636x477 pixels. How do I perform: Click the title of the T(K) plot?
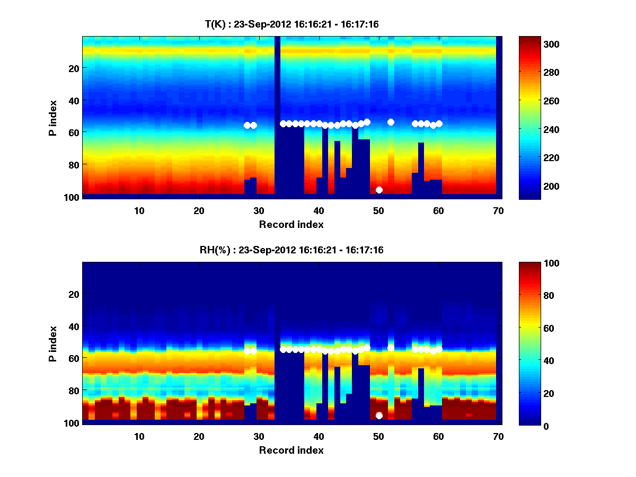291,24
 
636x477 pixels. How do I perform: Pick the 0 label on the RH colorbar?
527,426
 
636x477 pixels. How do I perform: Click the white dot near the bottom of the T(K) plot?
379,190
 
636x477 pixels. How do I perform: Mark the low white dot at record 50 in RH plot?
379,416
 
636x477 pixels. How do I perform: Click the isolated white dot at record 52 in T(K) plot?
391,122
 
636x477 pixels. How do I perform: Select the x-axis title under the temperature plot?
291,224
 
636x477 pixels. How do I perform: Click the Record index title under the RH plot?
291,450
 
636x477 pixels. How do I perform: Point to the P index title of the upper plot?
53,118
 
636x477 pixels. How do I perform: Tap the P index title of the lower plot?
53,343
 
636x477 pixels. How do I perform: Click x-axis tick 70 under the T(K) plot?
498,210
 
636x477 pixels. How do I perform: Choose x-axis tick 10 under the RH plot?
139,436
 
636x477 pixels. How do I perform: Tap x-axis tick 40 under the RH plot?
318,436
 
